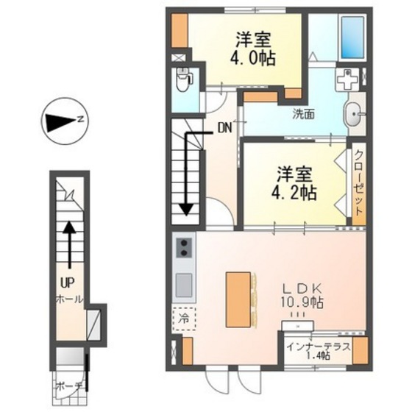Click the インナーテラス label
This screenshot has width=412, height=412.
(x=319, y=345)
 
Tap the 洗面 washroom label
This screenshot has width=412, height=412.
(x=303, y=114)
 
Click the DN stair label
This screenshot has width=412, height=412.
(x=225, y=126)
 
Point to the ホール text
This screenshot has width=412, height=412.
(x=68, y=299)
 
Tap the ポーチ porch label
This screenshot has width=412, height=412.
(x=69, y=384)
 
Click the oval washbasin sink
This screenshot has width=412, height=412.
(x=353, y=114)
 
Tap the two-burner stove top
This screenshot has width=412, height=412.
(x=184, y=249)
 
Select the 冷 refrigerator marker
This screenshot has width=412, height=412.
(x=184, y=319)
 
